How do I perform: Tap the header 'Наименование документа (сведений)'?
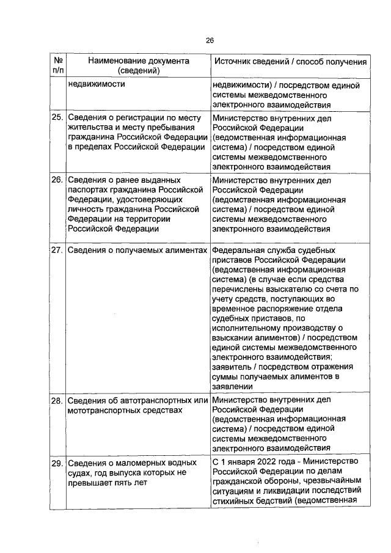(137, 66)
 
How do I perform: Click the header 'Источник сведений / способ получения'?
(289, 62)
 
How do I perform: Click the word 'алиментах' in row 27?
(181, 251)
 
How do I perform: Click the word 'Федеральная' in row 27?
(238, 251)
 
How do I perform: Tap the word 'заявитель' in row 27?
(232, 366)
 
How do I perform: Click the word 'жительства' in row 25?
(89, 127)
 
